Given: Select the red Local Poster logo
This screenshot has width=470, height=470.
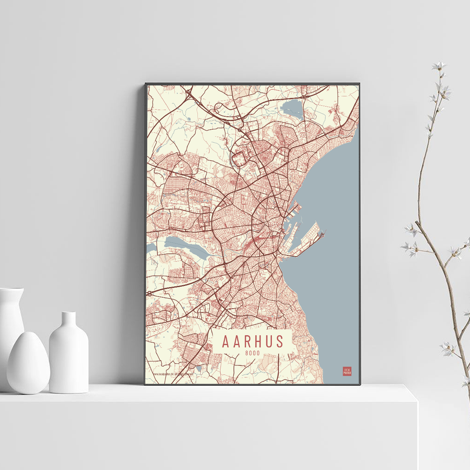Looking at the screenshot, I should tap(347, 371).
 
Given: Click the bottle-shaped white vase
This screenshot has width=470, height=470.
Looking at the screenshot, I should tap(69, 355).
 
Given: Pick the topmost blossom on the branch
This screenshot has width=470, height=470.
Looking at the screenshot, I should tap(439, 66).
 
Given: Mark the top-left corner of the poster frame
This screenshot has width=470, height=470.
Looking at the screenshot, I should tap(146, 84).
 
